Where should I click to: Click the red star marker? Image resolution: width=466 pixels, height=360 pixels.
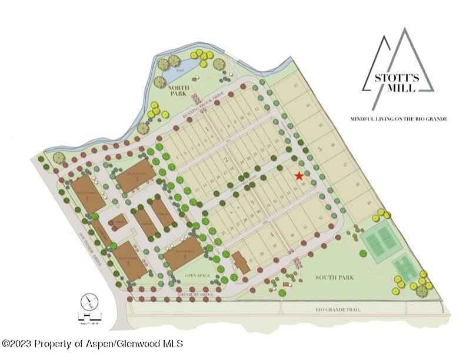[299, 175]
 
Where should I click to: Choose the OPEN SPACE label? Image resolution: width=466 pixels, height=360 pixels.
[198, 275]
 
